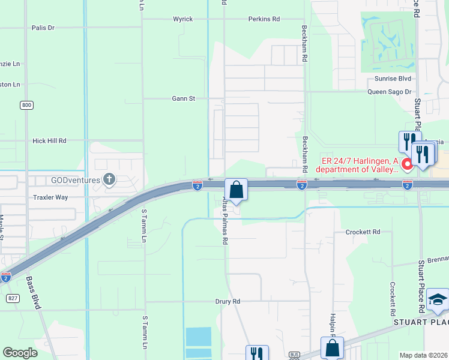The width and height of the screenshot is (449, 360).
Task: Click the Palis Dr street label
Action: click(43, 28)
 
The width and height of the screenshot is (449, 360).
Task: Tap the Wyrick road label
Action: click(183, 19)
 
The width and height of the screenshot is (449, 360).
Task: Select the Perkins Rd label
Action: click(264, 19)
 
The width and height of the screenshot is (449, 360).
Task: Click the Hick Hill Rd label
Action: click(49, 140)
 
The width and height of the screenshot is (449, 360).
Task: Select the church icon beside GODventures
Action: click(109, 178)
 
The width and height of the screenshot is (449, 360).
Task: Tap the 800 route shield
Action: click(26, 105)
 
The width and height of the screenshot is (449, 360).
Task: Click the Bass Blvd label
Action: click(34, 293)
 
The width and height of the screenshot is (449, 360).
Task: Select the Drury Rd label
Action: click(228, 301)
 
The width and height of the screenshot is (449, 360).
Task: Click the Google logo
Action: click(20, 353)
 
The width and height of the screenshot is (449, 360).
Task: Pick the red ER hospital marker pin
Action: click(406, 164)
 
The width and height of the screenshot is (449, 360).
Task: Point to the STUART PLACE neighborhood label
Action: click(420, 322)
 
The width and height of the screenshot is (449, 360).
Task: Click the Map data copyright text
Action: click(424, 355)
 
